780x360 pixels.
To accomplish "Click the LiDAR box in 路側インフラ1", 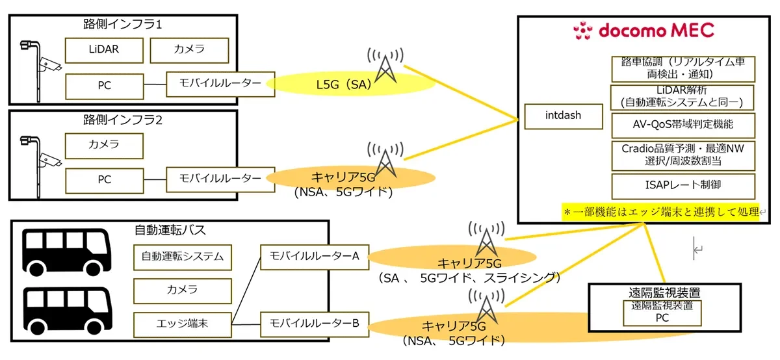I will click(x=104, y=50).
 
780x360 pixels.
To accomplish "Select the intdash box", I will click(x=563, y=116).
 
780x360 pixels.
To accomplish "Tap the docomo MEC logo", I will click(x=643, y=30).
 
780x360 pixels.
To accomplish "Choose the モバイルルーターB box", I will click(x=314, y=324).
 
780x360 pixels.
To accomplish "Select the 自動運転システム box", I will click(x=183, y=257).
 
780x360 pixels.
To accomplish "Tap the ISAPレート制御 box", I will click(x=683, y=185).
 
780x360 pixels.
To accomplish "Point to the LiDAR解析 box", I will click(x=683, y=96).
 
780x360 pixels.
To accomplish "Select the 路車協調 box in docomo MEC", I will click(x=683, y=68).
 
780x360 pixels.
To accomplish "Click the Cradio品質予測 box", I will click(x=683, y=155).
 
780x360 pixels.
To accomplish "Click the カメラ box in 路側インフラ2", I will click(x=104, y=144).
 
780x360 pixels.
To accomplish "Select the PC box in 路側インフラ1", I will click(x=104, y=85).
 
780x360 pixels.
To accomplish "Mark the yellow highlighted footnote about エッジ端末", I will click(x=660, y=212).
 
